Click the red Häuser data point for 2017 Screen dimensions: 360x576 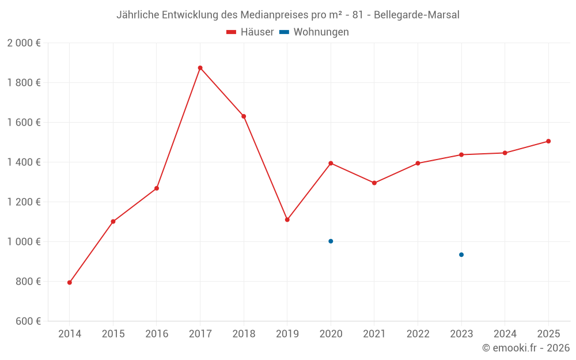[x=200, y=68]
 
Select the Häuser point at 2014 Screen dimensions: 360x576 [x=70, y=282]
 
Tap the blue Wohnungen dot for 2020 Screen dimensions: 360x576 [x=331, y=241]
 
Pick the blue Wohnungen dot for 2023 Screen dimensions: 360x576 [x=461, y=255]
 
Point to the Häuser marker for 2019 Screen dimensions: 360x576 [x=287, y=219]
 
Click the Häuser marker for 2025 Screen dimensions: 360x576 [x=548, y=141]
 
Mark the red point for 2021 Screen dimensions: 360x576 [x=374, y=183]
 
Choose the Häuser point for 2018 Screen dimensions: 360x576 [x=244, y=116]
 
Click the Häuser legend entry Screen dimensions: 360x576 [x=250, y=32]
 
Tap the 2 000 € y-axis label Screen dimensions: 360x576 [x=24, y=43]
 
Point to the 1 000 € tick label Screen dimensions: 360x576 [x=24, y=242]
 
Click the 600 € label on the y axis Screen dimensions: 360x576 [x=28, y=321]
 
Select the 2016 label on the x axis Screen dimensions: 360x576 [x=157, y=334]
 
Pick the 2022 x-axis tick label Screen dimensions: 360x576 [x=418, y=334]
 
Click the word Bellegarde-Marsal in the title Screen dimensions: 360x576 [x=416, y=15]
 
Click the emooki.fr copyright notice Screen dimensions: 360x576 [x=525, y=348]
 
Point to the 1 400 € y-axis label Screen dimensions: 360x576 [x=24, y=162]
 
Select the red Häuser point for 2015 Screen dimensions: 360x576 [x=113, y=222]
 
